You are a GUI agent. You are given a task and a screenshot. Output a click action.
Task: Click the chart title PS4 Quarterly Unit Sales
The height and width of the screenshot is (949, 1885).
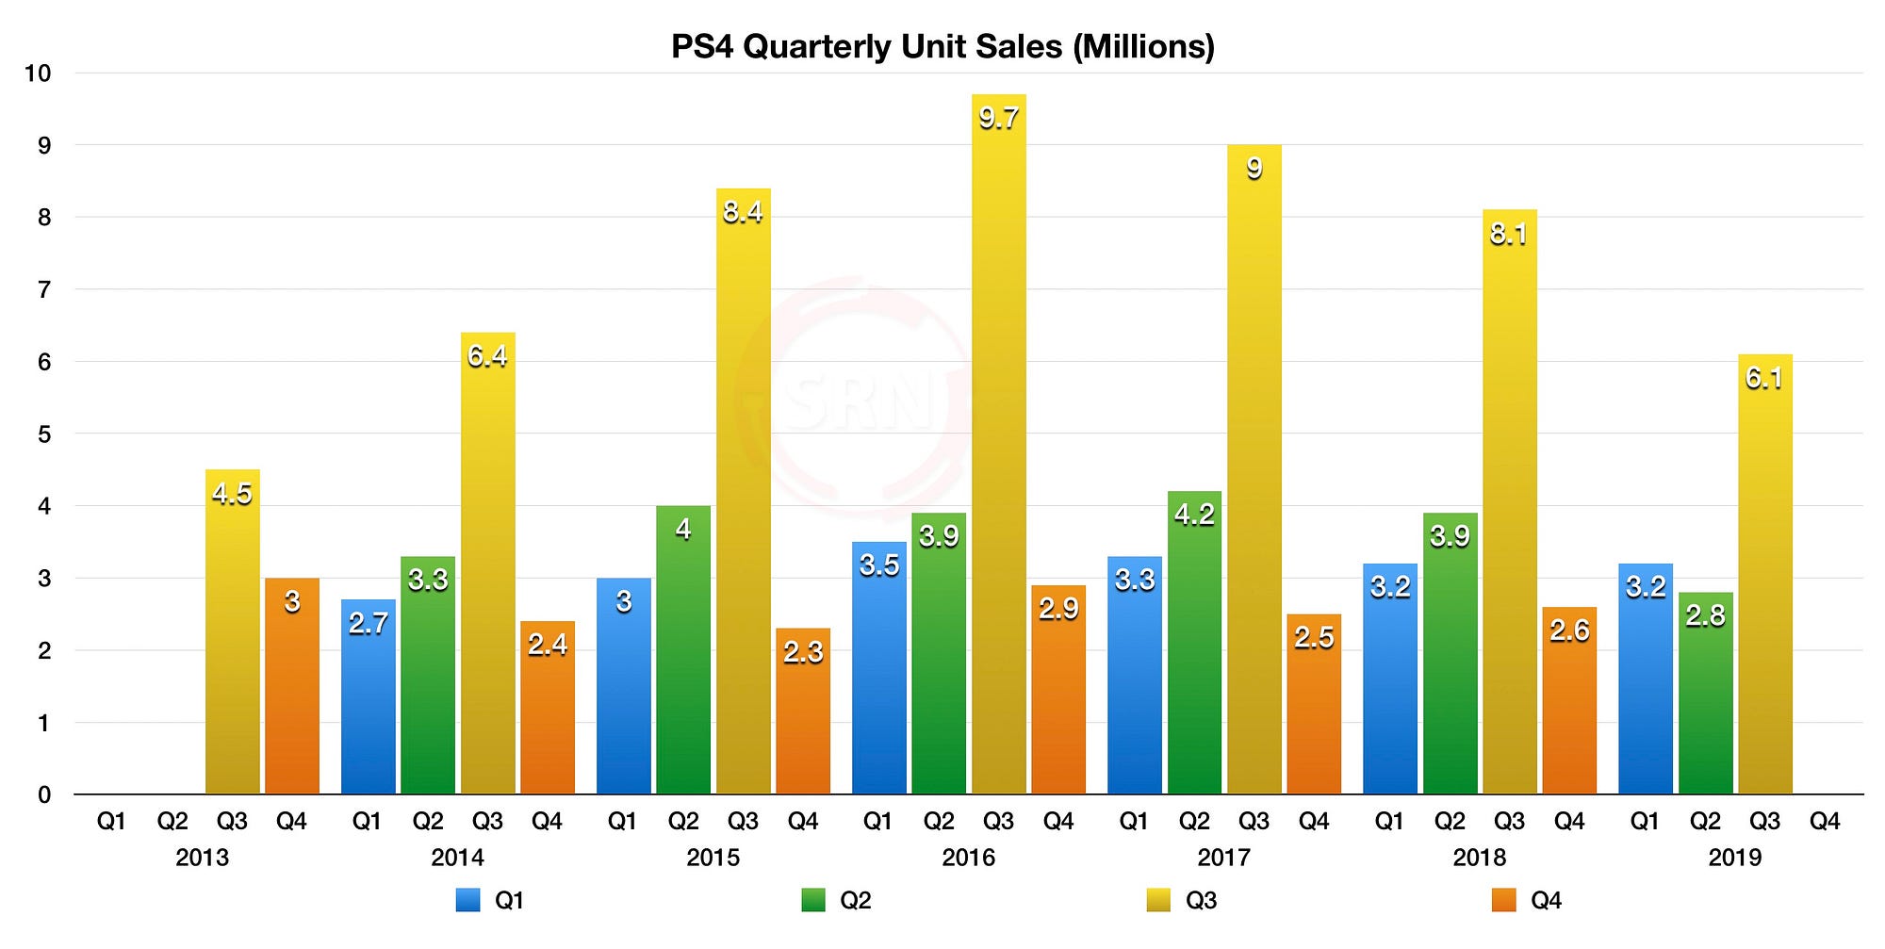point(942,46)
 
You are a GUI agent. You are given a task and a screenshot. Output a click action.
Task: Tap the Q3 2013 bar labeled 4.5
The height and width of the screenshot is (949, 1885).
point(232,641)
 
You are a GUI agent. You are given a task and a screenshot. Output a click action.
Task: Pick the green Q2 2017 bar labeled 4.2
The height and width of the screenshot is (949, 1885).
point(1194,650)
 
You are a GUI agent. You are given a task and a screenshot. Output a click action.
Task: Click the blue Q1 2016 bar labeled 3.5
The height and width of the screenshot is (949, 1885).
point(878,679)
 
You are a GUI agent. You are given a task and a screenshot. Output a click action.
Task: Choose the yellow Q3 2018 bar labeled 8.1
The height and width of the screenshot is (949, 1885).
point(1509,509)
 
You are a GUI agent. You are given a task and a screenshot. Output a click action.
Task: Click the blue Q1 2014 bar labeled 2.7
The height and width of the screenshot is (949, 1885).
point(368,707)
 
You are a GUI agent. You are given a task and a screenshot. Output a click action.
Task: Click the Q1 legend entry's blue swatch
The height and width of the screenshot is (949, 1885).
point(467,901)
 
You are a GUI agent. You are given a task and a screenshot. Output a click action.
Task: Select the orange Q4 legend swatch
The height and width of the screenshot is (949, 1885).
point(1503,901)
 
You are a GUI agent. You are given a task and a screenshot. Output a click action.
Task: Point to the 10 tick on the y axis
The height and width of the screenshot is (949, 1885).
point(38,74)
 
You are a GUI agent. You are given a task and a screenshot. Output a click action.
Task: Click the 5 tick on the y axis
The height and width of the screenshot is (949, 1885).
point(44,434)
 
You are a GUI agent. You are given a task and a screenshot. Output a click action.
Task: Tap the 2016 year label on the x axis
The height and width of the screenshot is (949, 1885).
point(968,858)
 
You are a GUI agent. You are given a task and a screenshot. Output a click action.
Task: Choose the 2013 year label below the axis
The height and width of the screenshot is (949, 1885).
point(202,858)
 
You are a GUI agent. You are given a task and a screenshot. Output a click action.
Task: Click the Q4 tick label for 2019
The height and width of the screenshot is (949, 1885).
point(1825,822)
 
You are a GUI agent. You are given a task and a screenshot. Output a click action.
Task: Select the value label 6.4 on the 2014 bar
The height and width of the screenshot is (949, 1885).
point(487,356)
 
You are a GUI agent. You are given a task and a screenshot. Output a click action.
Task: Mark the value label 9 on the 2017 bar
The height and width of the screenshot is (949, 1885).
point(1254,169)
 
